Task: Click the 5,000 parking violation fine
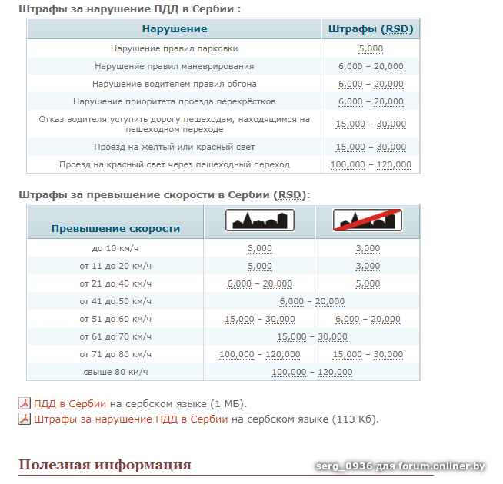click(371, 48)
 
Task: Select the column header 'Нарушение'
click(175, 29)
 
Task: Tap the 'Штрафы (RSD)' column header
click(371, 29)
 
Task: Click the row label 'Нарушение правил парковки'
click(175, 48)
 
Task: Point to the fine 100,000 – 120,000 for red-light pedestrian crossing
click(371, 164)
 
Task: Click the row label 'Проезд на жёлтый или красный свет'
click(175, 147)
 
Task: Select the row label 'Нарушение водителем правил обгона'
click(175, 84)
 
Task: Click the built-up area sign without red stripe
click(259, 221)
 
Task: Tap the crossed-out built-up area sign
click(368, 221)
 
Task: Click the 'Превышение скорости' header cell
click(115, 228)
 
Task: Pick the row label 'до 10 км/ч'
click(115, 248)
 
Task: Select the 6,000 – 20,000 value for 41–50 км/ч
click(311, 301)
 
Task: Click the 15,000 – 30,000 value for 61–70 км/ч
click(311, 336)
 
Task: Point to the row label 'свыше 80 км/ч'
click(115, 372)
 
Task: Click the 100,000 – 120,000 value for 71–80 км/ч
click(259, 354)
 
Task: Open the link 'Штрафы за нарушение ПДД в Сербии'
click(131, 419)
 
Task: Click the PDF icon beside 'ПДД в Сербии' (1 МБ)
click(25, 403)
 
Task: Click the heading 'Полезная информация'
click(105, 465)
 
